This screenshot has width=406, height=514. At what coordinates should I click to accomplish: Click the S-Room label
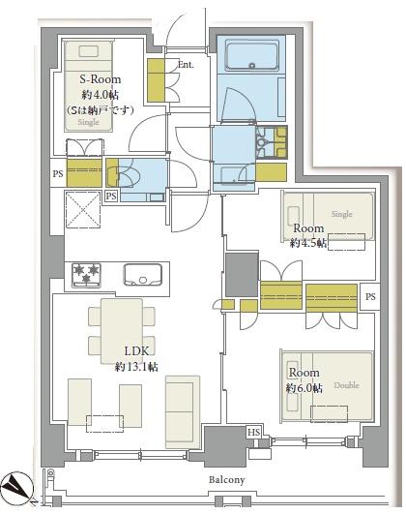(101, 79)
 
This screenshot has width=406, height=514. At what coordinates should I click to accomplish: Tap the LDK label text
(136, 351)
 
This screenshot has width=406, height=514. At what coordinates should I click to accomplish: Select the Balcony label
(226, 480)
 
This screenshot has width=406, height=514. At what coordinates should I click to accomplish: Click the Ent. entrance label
(186, 64)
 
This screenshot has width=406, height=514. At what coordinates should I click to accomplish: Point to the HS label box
(253, 433)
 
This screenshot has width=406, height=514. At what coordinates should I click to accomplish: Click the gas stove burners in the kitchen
(86, 275)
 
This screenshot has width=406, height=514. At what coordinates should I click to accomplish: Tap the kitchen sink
(143, 274)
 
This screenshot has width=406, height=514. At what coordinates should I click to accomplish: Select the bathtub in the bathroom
(251, 55)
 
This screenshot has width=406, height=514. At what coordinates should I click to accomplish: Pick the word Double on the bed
(346, 385)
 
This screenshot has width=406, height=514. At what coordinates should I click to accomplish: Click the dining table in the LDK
(122, 331)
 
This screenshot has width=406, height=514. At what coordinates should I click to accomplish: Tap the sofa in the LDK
(183, 412)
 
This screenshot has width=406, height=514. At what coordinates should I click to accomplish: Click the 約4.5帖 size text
(308, 243)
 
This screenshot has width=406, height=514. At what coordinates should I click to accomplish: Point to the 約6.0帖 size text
(304, 388)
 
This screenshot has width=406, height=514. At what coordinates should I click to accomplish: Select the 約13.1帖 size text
(136, 367)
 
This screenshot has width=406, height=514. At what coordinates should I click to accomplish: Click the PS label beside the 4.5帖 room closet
(370, 296)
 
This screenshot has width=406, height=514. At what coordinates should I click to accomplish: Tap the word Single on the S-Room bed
(88, 122)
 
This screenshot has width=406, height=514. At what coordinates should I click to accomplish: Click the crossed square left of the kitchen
(83, 209)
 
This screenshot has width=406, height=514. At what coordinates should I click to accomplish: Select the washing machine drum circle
(262, 142)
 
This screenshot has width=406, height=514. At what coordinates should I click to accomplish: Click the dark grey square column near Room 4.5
(242, 275)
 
